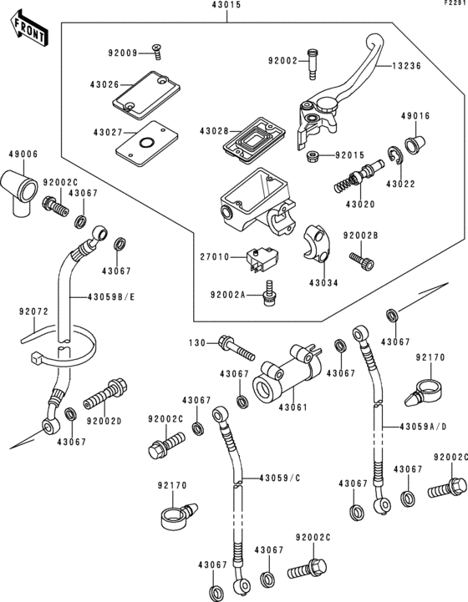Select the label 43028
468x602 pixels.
[x=214, y=132]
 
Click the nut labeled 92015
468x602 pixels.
[x=312, y=156]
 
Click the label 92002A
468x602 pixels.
[x=228, y=295]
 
